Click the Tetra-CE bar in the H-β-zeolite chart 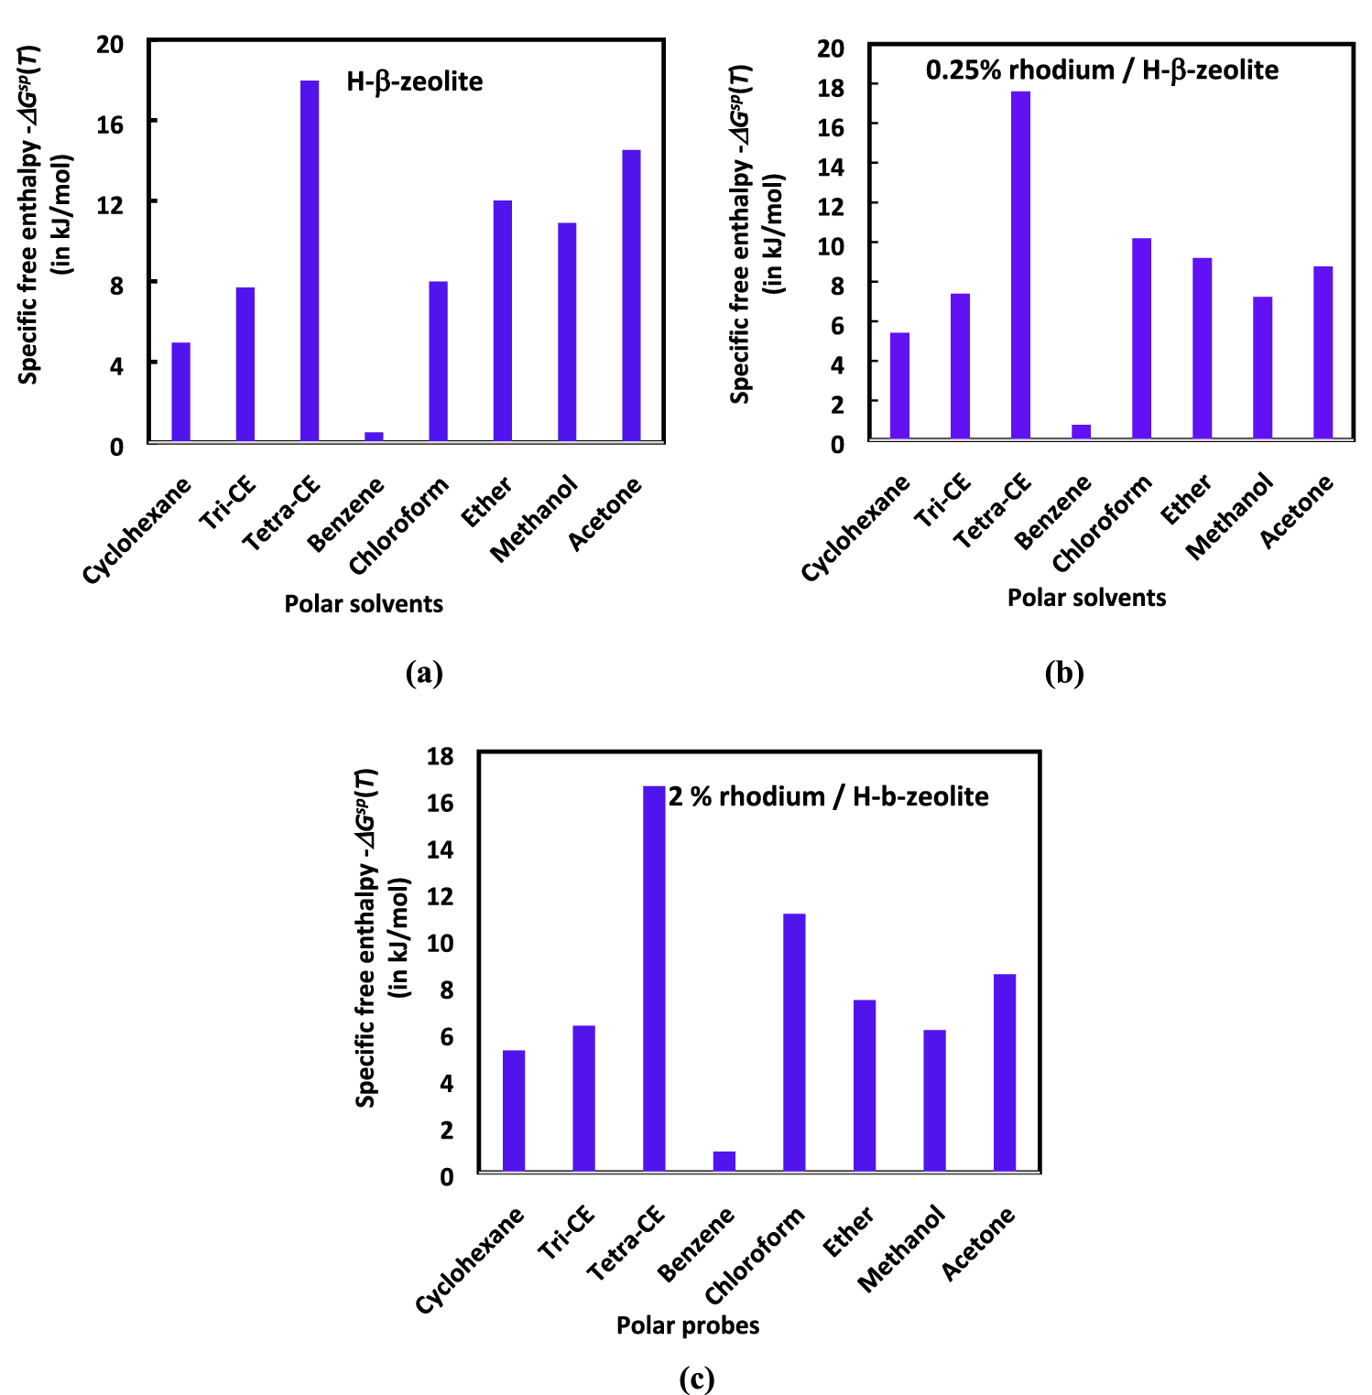tap(310, 261)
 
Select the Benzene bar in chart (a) tap(374, 437)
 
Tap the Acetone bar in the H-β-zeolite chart tap(631, 296)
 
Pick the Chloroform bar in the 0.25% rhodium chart tap(1141, 339)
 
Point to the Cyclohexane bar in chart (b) tap(899, 385)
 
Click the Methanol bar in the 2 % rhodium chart tap(934, 1100)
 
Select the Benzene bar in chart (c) tap(724, 1161)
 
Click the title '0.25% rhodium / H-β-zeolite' tap(1102, 70)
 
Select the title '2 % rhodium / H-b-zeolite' tap(828, 796)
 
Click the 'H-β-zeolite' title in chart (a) tap(414, 81)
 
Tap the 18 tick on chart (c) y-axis tap(441, 756)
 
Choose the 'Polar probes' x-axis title tap(688, 1325)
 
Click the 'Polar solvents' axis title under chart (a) tap(364, 604)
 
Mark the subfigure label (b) tap(1063, 674)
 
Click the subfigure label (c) tap(696, 1379)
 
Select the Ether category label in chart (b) tap(1186, 500)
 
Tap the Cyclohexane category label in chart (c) tap(470, 1260)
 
